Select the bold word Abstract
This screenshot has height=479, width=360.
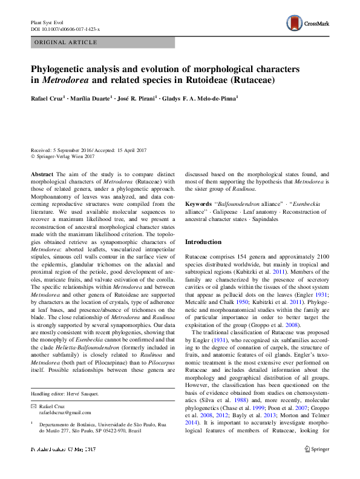tap(42, 173)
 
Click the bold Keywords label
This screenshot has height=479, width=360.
tap(198, 204)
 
